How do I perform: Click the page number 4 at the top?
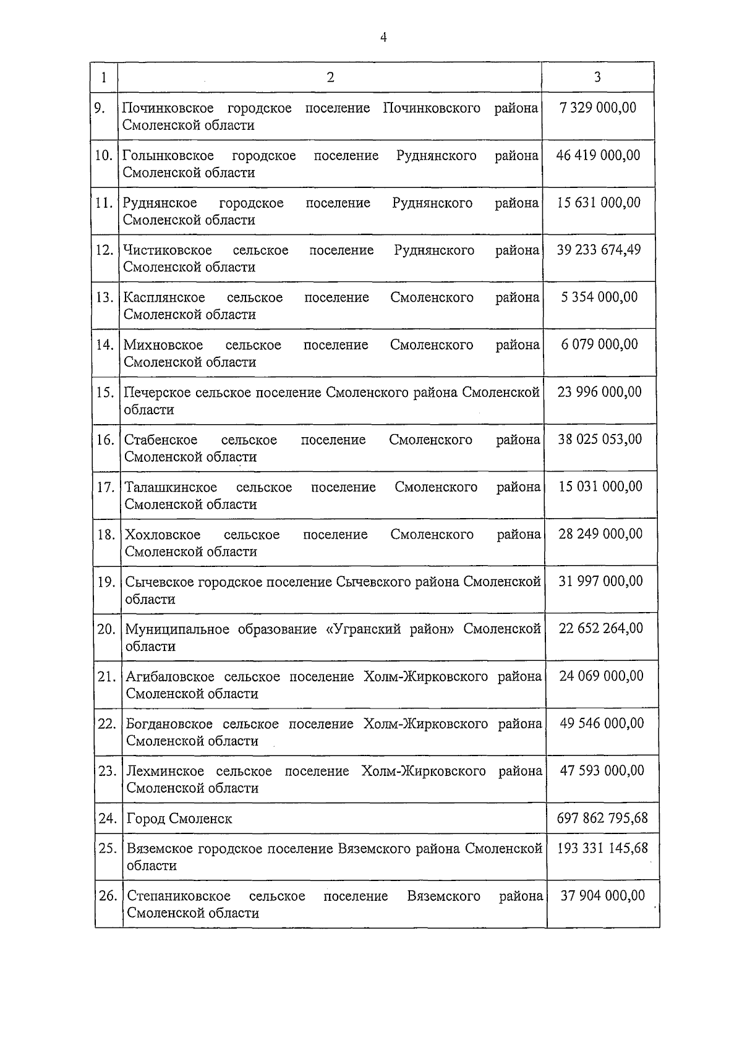[x=383, y=38]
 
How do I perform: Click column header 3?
[x=597, y=77]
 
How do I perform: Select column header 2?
[x=330, y=77]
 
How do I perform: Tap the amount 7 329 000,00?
[x=597, y=108]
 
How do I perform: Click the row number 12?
[x=104, y=250]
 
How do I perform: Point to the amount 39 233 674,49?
[x=599, y=250]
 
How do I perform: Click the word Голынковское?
[x=168, y=155]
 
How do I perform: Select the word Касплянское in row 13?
[x=164, y=297]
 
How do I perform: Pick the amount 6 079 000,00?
[x=599, y=344]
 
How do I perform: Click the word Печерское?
[x=157, y=392]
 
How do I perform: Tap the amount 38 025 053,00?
[x=600, y=439]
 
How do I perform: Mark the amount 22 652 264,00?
[x=600, y=628]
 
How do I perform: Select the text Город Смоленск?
[x=179, y=819]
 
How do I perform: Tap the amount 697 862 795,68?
[x=602, y=818]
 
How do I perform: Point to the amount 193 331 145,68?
[x=602, y=848]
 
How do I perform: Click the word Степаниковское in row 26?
[x=179, y=896]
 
